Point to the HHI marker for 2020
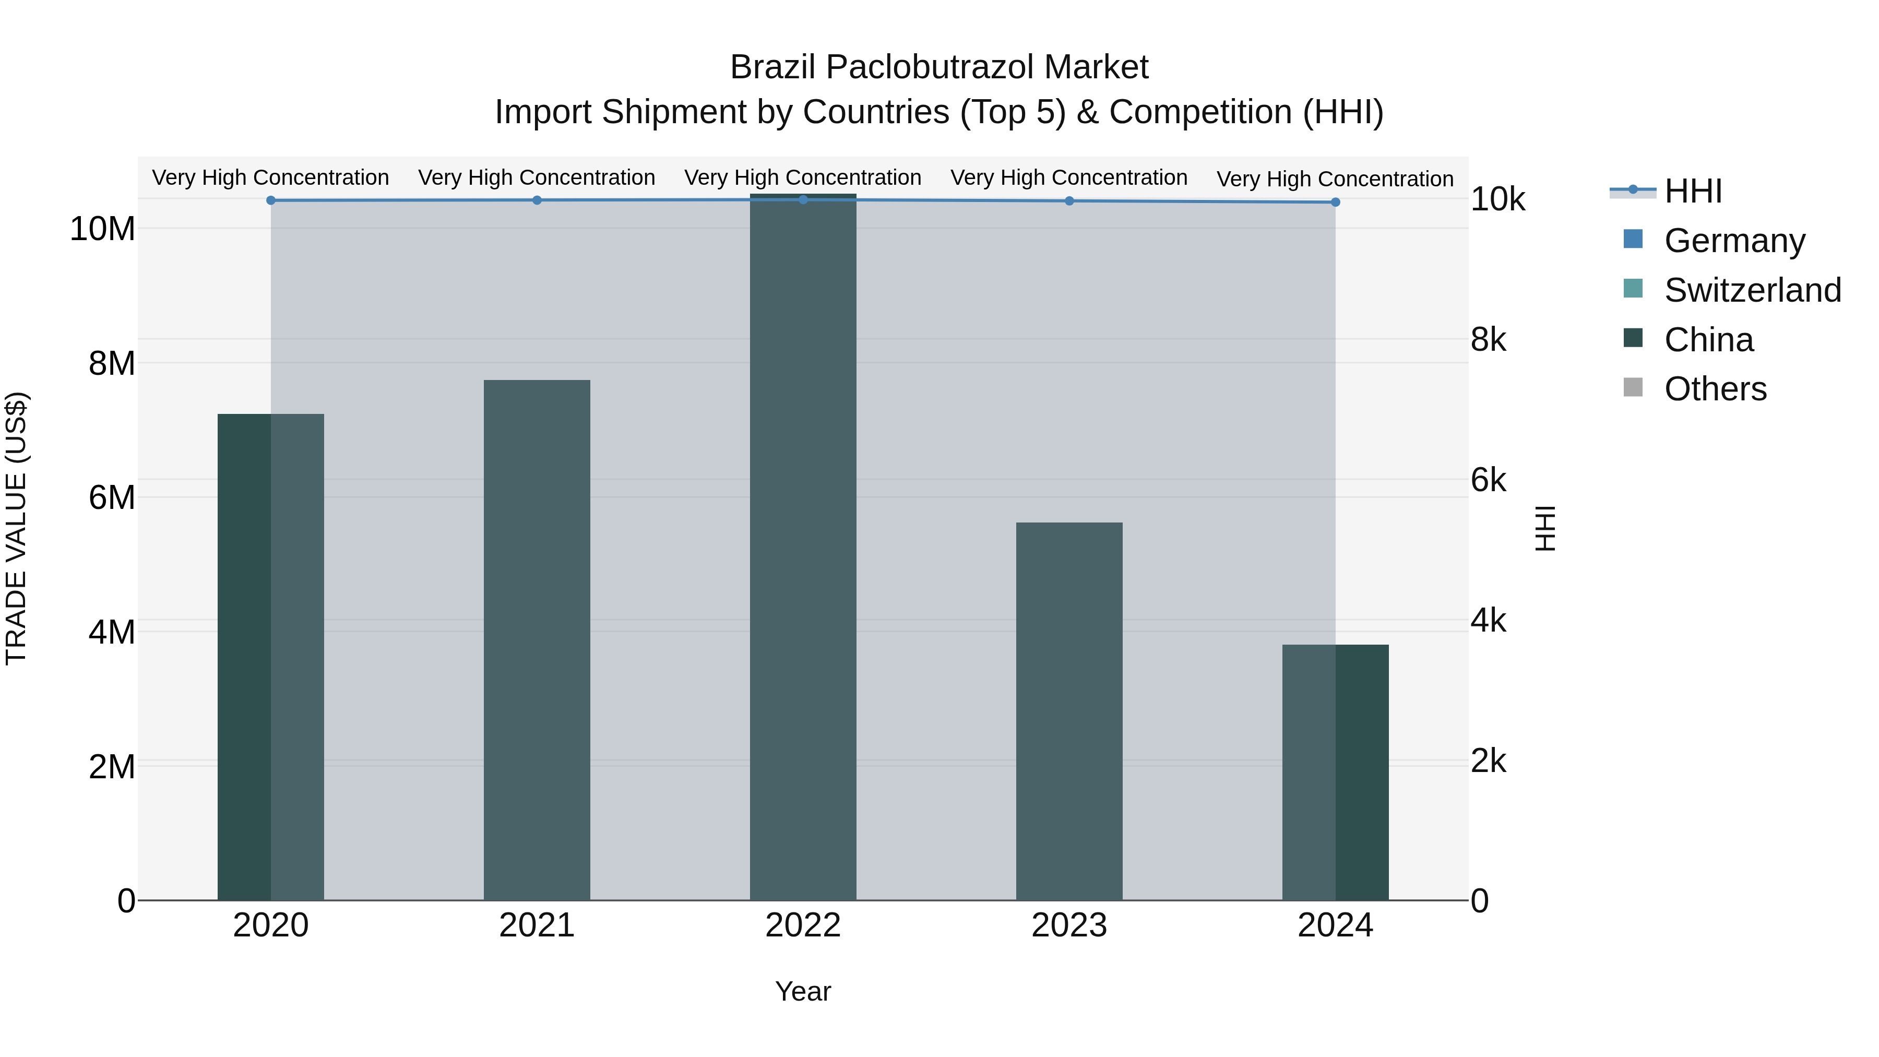pos(270,200)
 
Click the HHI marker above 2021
pos(537,200)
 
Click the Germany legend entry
pos(1734,241)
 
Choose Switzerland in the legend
pos(1752,290)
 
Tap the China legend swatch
pos(1633,338)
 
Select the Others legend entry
pos(1715,389)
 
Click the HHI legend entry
pos(1693,191)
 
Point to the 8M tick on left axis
pos(112,363)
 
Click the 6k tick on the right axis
pos(1488,480)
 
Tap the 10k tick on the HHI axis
pos(1497,200)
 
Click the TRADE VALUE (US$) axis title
pos(16,528)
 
